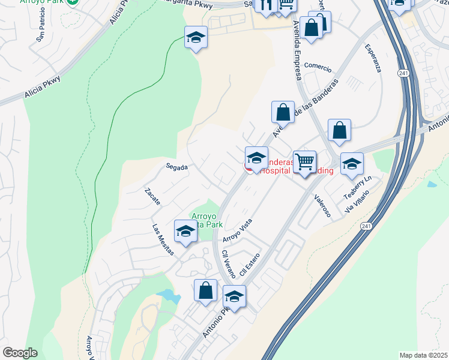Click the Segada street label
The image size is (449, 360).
coord(177,167)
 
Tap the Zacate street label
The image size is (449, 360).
coord(152,197)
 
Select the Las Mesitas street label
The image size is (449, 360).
coord(163,239)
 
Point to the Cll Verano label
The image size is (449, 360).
coord(228,263)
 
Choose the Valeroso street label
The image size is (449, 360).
coord(322,206)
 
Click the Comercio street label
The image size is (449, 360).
coord(318,65)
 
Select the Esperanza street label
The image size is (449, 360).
coord(372,58)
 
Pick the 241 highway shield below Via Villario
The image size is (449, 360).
coord(366,226)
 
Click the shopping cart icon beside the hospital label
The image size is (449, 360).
coord(304,161)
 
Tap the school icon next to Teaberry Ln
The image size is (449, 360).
coord(352,163)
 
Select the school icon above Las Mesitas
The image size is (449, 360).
coord(185,230)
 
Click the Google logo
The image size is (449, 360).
coord(20,353)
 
